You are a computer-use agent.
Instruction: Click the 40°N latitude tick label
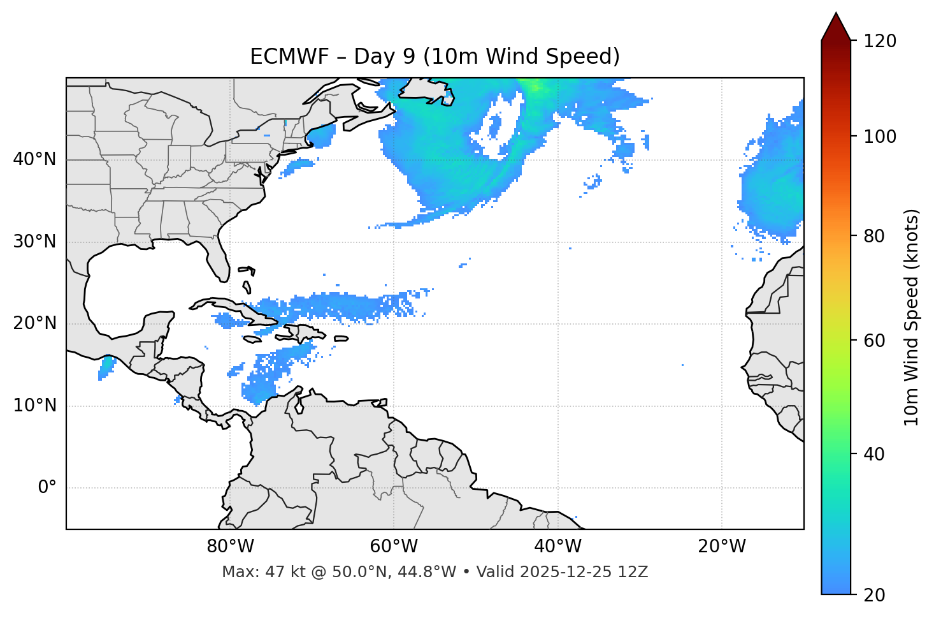click(x=34, y=159)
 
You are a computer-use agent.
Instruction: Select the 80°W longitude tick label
click(x=230, y=547)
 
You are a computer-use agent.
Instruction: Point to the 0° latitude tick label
click(x=47, y=488)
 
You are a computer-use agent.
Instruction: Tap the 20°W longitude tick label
click(x=722, y=547)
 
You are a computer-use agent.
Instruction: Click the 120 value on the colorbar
click(x=880, y=41)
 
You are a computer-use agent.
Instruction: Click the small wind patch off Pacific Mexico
click(x=106, y=368)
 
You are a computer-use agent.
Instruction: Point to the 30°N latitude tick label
click(x=34, y=242)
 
